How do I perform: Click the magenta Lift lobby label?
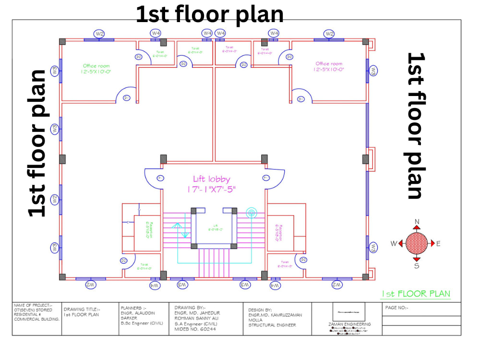coord(211,179)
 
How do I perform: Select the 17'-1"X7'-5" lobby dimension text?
coord(211,190)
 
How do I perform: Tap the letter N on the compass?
coord(417,222)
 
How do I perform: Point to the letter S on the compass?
coord(417,265)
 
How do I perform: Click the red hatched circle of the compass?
coord(417,243)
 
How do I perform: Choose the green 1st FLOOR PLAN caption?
coord(416,294)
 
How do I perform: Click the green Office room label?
coord(96,66)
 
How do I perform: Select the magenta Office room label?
coord(329,63)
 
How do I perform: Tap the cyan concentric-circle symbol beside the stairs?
coord(252,212)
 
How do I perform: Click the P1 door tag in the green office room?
coord(127,98)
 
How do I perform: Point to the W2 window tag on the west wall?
coord(55,198)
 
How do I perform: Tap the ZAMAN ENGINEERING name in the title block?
coord(349,324)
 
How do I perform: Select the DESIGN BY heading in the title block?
coord(260,310)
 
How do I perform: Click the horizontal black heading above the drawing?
coord(210,14)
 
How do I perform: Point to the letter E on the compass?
coord(438,243)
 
